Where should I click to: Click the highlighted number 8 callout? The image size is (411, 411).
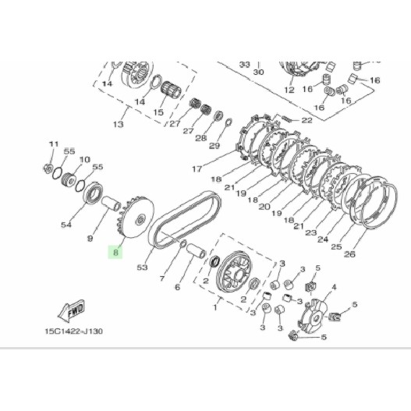click(115, 253)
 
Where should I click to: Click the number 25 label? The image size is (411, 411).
click(336, 247)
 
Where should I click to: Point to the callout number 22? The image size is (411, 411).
click(306, 120)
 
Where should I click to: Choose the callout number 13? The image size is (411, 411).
click(119, 124)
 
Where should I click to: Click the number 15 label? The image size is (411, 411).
click(158, 113)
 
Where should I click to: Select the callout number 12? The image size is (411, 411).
click(289, 90)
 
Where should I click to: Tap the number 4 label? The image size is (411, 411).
click(334, 287)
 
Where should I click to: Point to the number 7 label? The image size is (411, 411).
click(161, 277)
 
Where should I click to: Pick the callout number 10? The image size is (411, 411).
click(84, 159)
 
